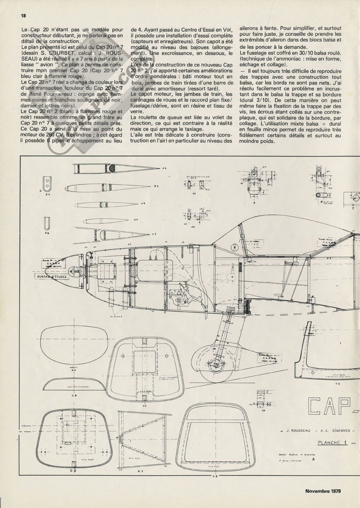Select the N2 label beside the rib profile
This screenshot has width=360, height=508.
pos(143,204)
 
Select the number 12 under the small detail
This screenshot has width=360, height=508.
pos(193,227)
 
